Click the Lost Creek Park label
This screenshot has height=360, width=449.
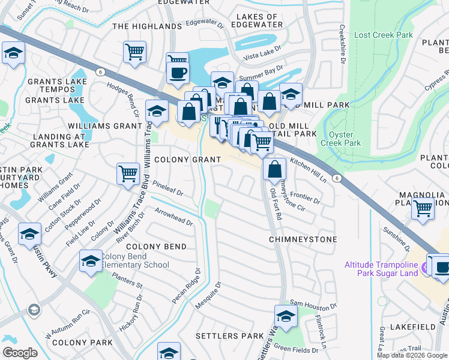click(384, 35)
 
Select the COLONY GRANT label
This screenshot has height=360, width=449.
click(187, 160)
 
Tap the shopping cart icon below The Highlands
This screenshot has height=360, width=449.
click(134, 51)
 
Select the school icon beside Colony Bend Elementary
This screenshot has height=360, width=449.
click(91, 261)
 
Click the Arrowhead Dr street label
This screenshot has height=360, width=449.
click(173, 217)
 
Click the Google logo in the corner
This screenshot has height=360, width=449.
click(20, 352)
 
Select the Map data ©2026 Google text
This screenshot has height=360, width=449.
click(411, 355)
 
